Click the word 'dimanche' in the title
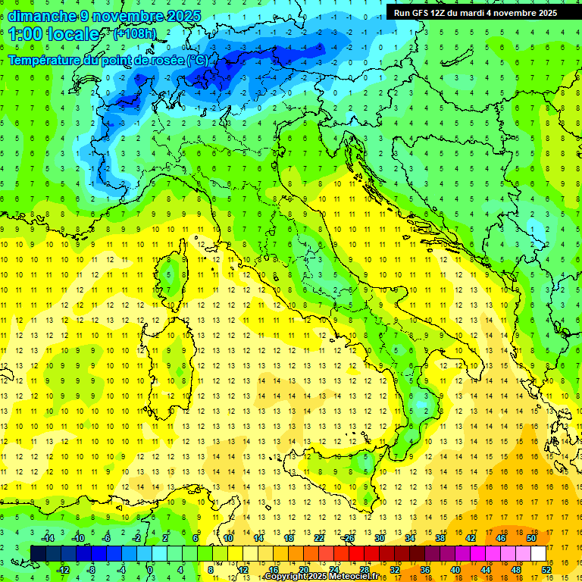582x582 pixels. pos(39,15)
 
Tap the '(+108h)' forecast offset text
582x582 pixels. pos(134,33)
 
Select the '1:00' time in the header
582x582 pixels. pos(26,34)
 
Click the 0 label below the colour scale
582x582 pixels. pos(150,569)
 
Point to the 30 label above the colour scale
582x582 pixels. pos(379,537)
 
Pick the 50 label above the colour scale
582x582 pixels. pos(531,537)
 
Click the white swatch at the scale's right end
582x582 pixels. pos(538,553)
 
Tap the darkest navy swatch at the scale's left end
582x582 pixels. pos(38,553)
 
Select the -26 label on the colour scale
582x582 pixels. pos(348,537)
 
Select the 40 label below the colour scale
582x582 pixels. pos(455,569)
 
